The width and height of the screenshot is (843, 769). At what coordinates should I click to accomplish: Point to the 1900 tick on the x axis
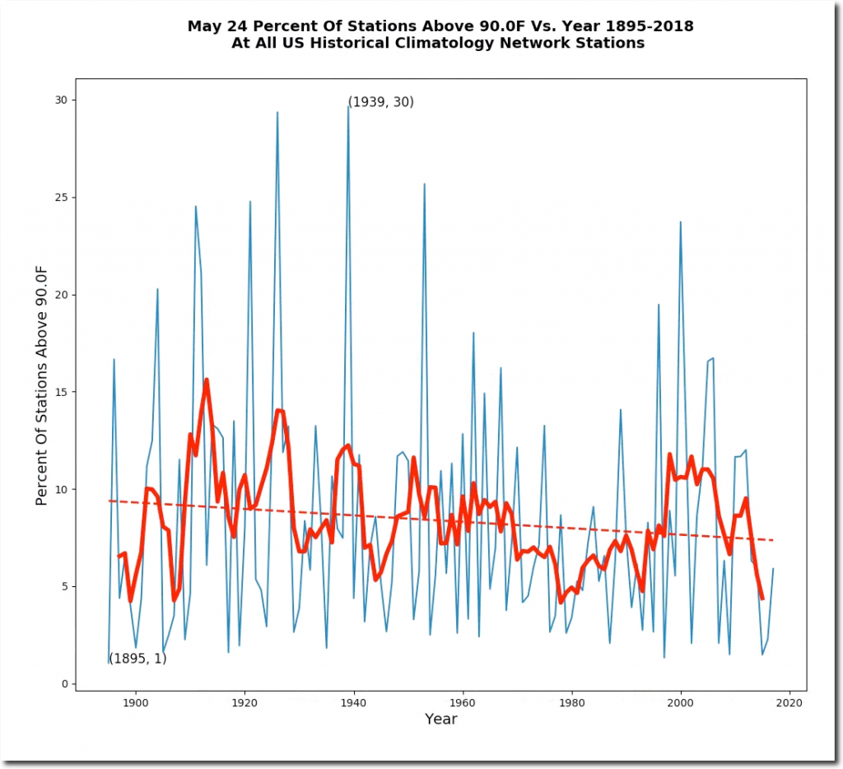(135, 703)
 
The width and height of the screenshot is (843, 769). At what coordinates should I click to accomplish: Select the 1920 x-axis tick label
(245, 703)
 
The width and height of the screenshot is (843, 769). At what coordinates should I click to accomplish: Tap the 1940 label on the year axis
(354, 703)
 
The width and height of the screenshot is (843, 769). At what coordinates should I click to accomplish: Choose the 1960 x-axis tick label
(463, 703)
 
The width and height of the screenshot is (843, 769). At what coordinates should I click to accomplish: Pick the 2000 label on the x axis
(681, 703)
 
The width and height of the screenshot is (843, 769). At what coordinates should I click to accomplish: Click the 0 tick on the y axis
(63, 684)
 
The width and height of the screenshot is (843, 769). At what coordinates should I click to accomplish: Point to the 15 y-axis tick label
(60, 392)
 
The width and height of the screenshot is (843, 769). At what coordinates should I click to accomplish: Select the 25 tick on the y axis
(60, 198)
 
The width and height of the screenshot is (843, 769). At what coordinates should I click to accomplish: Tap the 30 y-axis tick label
(60, 100)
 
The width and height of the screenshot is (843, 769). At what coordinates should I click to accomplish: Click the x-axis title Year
(440, 720)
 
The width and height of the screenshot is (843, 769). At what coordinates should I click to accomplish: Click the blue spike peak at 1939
(348, 105)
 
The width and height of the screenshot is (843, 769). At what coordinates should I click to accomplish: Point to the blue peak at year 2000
(681, 221)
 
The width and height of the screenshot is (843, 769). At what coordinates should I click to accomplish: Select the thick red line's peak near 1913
(207, 380)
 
